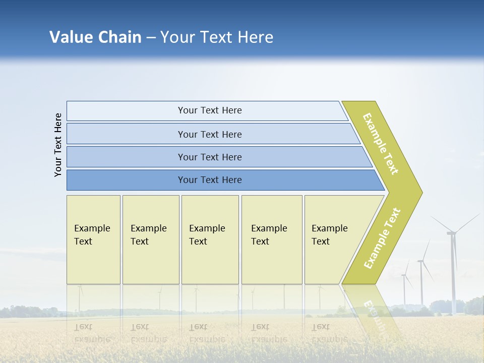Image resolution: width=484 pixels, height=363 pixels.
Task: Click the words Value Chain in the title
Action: pyautogui.click(x=95, y=37)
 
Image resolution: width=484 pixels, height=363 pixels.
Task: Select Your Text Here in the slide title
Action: pyautogui.click(x=217, y=37)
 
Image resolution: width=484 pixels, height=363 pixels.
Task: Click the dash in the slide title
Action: pyautogui.click(x=151, y=38)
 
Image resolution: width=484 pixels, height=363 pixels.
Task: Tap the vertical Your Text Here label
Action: pyautogui.click(x=58, y=145)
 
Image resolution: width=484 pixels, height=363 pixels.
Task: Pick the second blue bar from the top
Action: pyautogui.click(x=210, y=134)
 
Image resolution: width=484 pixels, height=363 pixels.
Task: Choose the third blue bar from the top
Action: pyautogui.click(x=210, y=157)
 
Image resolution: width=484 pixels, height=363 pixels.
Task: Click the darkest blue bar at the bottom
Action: pyautogui.click(x=210, y=180)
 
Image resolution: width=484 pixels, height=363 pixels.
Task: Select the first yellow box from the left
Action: pyautogui.click(x=93, y=239)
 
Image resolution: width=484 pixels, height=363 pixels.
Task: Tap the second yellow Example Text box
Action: pyautogui.click(x=150, y=239)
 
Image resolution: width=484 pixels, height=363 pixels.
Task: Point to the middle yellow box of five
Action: pyautogui.click(x=210, y=239)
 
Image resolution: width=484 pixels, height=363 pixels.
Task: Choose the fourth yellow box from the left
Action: pyautogui.click(x=272, y=239)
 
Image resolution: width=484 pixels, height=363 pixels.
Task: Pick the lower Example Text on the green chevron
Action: pyautogui.click(x=382, y=238)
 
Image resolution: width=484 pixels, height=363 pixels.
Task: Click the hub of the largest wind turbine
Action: pyautogui.click(x=452, y=232)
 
